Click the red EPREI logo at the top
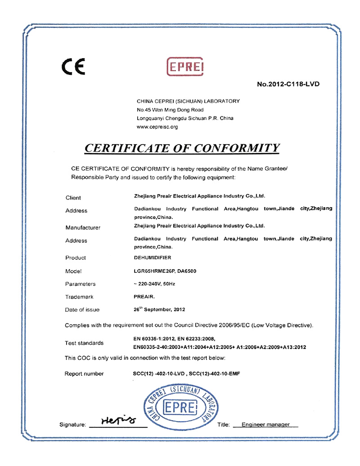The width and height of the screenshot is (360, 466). (x=185, y=68)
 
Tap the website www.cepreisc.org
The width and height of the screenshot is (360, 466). (x=157, y=127)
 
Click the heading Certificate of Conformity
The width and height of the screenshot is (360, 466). (x=182, y=148)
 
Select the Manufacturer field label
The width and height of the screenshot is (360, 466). (x=83, y=227)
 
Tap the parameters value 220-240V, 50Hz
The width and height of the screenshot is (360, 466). (x=153, y=284)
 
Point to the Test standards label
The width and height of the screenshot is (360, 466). (x=84, y=343)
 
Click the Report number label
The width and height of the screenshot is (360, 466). (x=84, y=374)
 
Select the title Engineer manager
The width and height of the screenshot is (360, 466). (x=265, y=425)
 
